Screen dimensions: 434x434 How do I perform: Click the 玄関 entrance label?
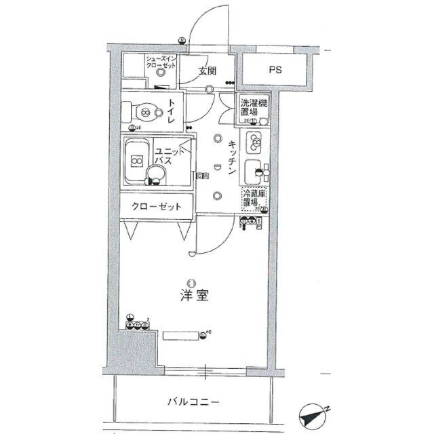click(x=208, y=71)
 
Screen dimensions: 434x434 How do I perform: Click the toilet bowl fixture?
click(x=144, y=111)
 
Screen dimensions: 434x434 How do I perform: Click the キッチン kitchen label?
click(x=232, y=157)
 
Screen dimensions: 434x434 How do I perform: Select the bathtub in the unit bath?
click(x=138, y=161)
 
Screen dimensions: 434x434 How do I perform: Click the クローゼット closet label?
click(x=157, y=206)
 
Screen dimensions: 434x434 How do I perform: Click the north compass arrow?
click(x=313, y=414)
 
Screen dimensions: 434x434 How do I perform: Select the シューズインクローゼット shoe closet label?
click(x=161, y=63)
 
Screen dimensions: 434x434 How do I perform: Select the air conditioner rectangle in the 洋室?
click(x=180, y=335)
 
